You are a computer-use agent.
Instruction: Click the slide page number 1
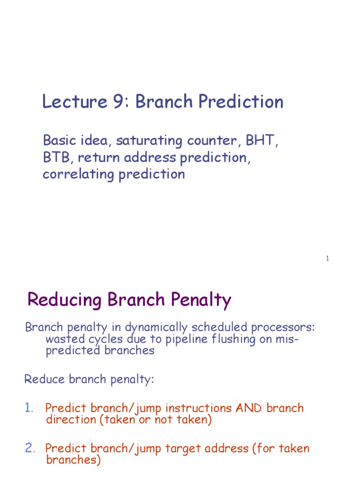pos(328,259)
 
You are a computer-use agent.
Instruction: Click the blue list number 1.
pos(29,408)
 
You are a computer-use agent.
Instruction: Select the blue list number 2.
pos(30,448)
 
